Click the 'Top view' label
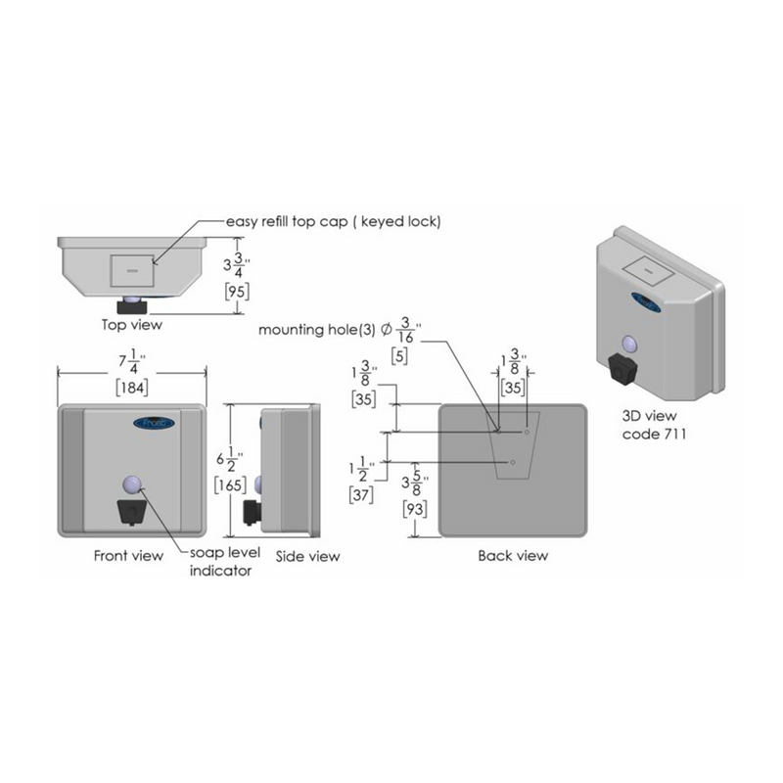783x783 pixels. (132, 325)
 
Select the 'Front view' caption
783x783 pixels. (128, 555)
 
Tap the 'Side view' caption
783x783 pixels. (307, 556)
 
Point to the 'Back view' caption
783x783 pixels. (513, 555)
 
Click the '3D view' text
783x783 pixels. (649, 415)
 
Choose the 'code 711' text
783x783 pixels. (654, 434)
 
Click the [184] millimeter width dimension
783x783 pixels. (132, 388)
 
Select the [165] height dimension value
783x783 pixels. (230, 484)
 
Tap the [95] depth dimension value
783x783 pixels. (237, 291)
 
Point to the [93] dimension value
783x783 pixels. (415, 509)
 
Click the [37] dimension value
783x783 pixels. (361, 495)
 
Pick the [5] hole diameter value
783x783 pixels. (399, 356)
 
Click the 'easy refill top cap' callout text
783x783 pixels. (287, 221)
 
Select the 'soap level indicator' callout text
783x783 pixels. (225, 561)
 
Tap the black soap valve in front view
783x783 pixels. (132, 512)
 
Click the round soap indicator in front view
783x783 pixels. (132, 484)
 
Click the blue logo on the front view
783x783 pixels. (154, 424)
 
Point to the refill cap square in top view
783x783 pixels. (132, 271)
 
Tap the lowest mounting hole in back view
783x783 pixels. (513, 462)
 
